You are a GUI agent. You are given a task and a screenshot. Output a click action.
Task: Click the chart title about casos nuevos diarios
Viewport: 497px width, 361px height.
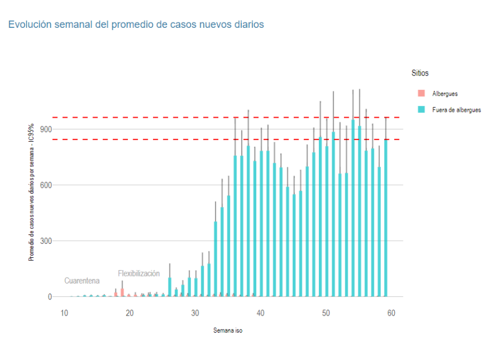click(x=136, y=25)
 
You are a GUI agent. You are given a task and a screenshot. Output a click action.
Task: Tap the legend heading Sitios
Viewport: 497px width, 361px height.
click(x=420, y=73)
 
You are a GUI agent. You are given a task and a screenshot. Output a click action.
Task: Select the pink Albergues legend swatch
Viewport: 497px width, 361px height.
click(x=421, y=94)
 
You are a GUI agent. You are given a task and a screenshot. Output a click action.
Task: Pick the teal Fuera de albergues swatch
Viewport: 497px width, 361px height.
click(x=421, y=110)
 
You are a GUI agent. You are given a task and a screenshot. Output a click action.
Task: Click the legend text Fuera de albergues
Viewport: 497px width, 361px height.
click(x=456, y=110)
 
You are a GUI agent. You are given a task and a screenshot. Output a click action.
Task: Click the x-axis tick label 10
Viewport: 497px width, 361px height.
click(x=64, y=313)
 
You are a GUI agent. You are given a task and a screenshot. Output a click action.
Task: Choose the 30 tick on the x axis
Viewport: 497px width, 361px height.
click(x=195, y=313)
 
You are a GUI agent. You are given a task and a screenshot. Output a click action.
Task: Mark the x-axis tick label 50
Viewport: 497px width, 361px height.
click(x=326, y=313)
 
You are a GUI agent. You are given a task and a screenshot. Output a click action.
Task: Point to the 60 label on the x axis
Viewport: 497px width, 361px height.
click(x=391, y=313)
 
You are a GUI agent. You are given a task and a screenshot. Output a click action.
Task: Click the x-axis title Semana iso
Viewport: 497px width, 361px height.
click(x=228, y=331)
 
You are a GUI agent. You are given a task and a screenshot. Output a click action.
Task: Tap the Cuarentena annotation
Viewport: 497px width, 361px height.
click(x=82, y=281)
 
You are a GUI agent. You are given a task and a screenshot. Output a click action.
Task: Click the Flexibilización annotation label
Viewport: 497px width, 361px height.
click(x=139, y=273)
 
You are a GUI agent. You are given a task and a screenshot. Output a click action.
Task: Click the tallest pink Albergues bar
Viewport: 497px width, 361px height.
click(x=122, y=293)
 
